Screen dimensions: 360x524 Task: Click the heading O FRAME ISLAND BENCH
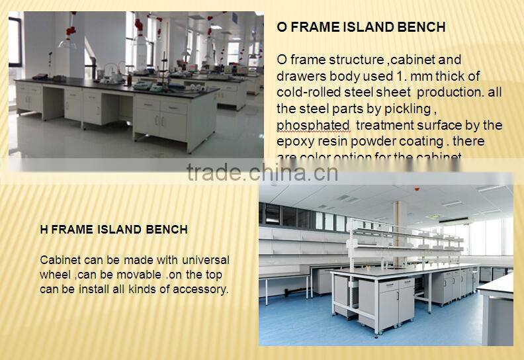pos(361,27)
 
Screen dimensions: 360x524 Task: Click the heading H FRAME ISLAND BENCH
pos(114,230)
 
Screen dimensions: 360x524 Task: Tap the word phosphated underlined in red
pos(313,125)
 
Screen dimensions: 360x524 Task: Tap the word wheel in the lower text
pos(56,275)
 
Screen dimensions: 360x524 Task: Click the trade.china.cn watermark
pos(262,173)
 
